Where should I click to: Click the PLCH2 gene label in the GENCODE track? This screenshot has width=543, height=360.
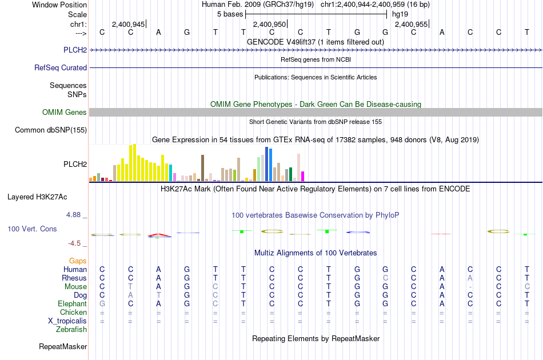pos(75,50)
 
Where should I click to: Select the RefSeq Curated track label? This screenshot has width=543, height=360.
pos(61,67)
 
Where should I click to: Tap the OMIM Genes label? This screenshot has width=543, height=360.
pos(65,112)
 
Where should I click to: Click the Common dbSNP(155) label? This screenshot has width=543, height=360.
pos(51,130)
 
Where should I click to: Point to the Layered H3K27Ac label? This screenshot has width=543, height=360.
pos(37,197)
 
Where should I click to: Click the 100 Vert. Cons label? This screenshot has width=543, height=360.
pos(32,229)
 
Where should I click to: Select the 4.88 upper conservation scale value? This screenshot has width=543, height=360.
pos(73,215)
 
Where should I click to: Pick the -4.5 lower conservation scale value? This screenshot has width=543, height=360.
pos(74,243)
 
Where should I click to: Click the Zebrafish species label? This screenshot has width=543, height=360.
pos(71,329)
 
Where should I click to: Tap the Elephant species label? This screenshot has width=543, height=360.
pos(73,303)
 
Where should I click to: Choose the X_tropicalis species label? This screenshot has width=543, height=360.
pos(67,321)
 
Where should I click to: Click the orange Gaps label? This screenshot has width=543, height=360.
pos(78,261)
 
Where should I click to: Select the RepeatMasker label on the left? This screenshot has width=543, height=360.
pos(63,346)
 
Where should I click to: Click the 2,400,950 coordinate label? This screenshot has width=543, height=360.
pos(269,24)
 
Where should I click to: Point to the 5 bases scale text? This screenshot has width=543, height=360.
pos(230,14)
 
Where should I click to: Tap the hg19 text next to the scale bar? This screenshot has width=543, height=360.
pos(400,14)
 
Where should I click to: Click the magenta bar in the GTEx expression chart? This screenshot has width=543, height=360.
pos(303,176)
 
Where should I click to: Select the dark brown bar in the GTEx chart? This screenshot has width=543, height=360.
pos(202,168)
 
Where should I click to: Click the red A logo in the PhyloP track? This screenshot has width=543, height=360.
pos(159,235)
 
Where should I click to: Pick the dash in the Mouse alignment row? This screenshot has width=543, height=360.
pos(470,287)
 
